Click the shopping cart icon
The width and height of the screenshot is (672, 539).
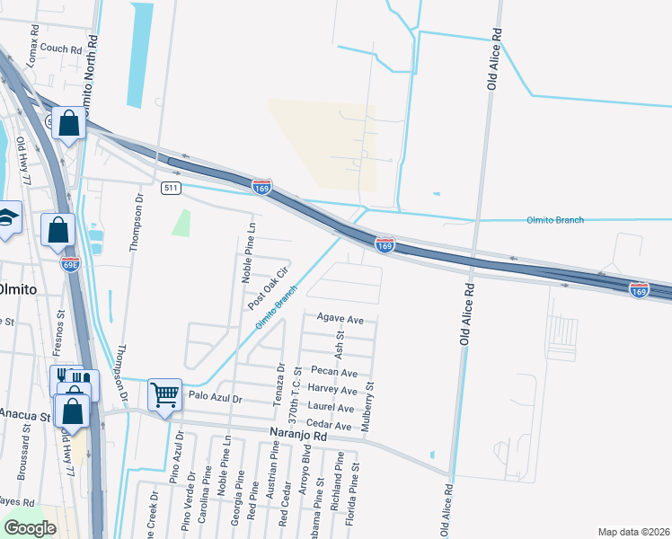tap(165, 393)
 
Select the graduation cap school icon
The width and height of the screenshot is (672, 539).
tap(7, 218)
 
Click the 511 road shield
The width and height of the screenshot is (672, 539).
tap(171, 188)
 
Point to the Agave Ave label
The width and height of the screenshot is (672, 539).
tap(340, 319)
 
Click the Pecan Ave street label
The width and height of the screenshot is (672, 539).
tap(334, 373)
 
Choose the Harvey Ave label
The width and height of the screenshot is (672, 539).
tap(332, 390)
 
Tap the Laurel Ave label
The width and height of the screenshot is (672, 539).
tap(332, 407)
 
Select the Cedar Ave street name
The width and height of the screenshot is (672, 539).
tap(329, 424)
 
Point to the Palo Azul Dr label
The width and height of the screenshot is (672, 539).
tap(214, 397)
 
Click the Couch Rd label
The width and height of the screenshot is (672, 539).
tap(60, 49)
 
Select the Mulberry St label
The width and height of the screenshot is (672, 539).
tap(367, 406)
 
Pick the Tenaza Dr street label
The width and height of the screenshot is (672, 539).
tap(280, 384)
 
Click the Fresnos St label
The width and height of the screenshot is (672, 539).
tap(62, 329)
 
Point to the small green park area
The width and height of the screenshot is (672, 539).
tap(181, 223)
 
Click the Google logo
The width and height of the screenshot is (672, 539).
tap(30, 528)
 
